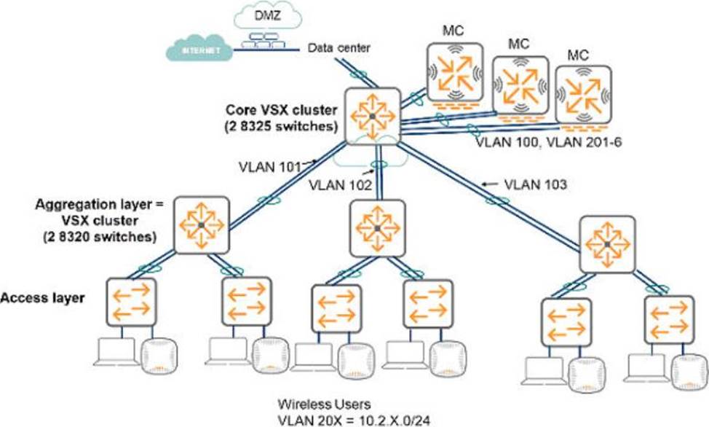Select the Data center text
pos(338,49)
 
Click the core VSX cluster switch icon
pos(373,117)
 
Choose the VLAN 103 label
pos(535,185)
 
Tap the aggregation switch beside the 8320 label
pos(201,226)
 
